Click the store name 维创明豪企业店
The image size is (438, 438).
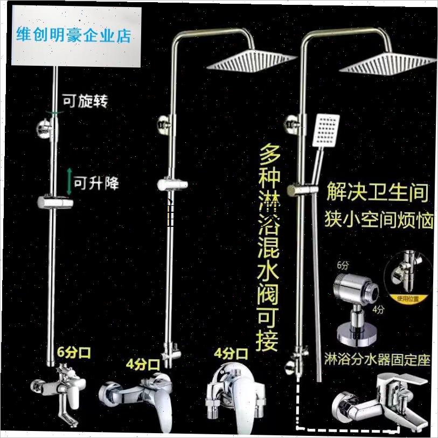(x=74, y=37)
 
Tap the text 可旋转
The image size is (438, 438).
(x=85, y=101)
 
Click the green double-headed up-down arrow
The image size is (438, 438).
(x=68, y=182)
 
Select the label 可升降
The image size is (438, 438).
(x=96, y=184)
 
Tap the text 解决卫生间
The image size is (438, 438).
(x=378, y=192)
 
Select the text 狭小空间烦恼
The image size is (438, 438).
(x=379, y=220)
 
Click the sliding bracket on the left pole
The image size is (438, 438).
(x=55, y=204)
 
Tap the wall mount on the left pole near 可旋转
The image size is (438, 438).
(x=46, y=129)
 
